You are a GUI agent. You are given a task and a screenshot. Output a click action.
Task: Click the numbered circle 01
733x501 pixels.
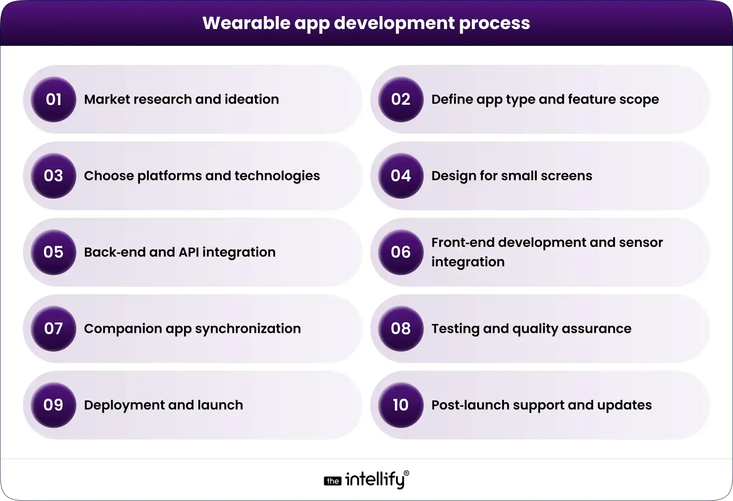pos(53,99)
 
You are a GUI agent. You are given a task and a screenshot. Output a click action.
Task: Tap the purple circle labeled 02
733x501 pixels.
pos(401,99)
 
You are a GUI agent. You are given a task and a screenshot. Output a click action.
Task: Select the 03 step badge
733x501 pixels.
pos(53,176)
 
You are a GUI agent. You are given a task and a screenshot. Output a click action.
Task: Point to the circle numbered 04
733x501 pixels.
pos(401,176)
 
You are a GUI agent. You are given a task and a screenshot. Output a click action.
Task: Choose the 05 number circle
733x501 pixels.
pos(53,252)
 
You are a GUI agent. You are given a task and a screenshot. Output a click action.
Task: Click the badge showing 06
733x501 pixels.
pos(401,252)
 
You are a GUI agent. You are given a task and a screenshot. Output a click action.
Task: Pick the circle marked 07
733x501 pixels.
pos(53,329)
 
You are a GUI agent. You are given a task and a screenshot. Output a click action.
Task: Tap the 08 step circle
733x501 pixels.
pos(401,329)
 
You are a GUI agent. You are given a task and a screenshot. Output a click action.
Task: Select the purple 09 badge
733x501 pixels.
pos(53,405)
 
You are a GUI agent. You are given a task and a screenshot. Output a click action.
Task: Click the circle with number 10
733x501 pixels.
pos(401,405)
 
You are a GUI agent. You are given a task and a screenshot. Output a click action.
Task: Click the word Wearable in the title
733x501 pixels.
pos(246,23)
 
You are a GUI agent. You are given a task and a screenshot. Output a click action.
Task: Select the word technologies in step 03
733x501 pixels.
pos(277,176)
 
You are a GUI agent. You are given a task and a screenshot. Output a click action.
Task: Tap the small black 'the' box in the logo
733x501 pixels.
pos(333,481)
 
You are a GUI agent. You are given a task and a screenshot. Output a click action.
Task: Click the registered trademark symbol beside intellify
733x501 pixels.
pos(406,473)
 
